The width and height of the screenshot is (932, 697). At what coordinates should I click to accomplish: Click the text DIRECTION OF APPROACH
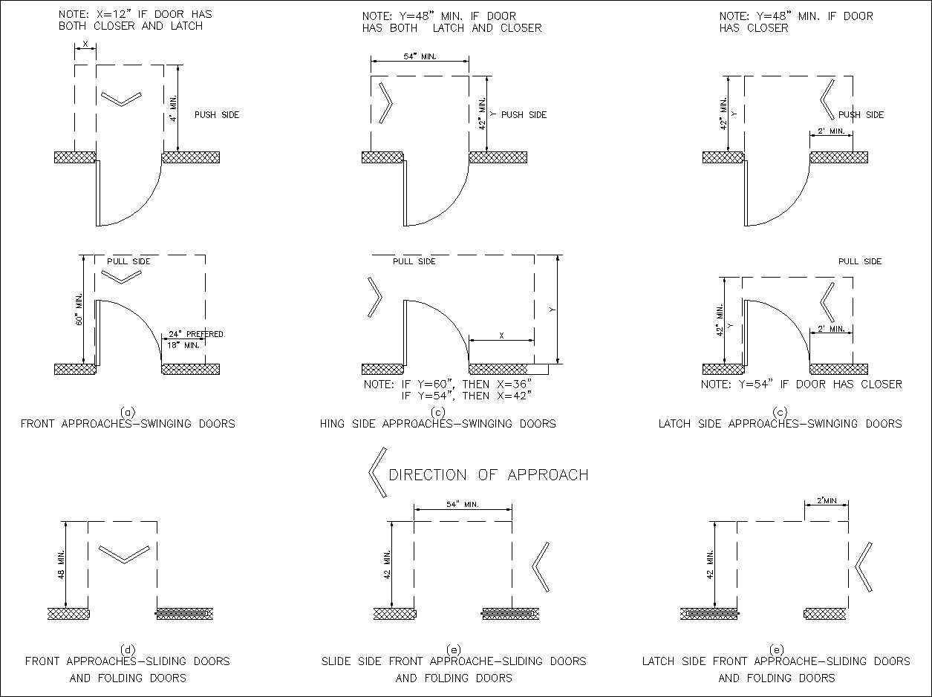tap(488, 475)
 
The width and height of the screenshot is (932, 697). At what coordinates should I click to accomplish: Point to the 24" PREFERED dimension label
tap(195, 334)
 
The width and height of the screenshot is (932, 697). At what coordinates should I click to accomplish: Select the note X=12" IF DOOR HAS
tap(130, 15)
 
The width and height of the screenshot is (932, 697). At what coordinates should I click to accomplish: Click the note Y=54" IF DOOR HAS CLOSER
tap(801, 385)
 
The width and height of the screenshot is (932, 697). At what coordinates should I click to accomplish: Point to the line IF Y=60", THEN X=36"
tap(448, 385)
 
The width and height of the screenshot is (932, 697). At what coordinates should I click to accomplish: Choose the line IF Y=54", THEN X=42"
tap(466, 396)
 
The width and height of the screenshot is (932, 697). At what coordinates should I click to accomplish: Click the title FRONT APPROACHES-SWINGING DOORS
tap(128, 424)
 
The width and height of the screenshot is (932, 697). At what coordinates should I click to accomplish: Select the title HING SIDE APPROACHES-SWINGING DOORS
tap(437, 424)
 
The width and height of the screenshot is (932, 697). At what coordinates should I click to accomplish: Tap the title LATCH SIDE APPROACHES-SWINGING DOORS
tap(780, 424)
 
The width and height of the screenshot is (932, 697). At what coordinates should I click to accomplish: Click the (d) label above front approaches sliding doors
tap(128, 649)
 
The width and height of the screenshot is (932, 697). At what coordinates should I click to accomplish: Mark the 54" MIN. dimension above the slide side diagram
tap(462, 505)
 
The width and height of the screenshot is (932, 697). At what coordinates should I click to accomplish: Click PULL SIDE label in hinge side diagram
tap(414, 261)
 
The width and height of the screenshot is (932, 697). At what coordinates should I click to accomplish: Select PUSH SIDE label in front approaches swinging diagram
tap(217, 115)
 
